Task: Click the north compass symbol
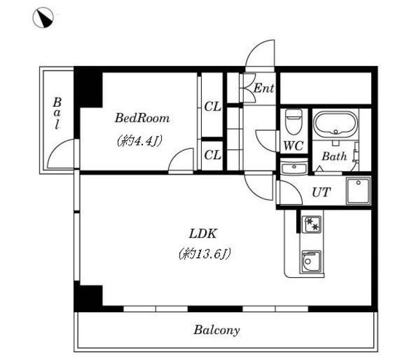43,17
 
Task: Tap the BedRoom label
142,118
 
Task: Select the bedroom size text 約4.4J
139,141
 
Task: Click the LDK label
203,234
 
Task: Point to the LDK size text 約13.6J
204,254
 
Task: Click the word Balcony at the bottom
217,330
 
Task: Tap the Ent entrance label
263,88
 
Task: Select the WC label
293,146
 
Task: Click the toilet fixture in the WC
293,122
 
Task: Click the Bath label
334,157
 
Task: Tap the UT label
321,192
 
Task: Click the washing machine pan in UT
358,191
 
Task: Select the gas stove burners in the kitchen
312,225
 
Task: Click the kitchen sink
311,262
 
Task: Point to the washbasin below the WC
294,168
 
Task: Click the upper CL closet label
212,107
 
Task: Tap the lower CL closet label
212,155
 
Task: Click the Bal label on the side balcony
57,113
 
